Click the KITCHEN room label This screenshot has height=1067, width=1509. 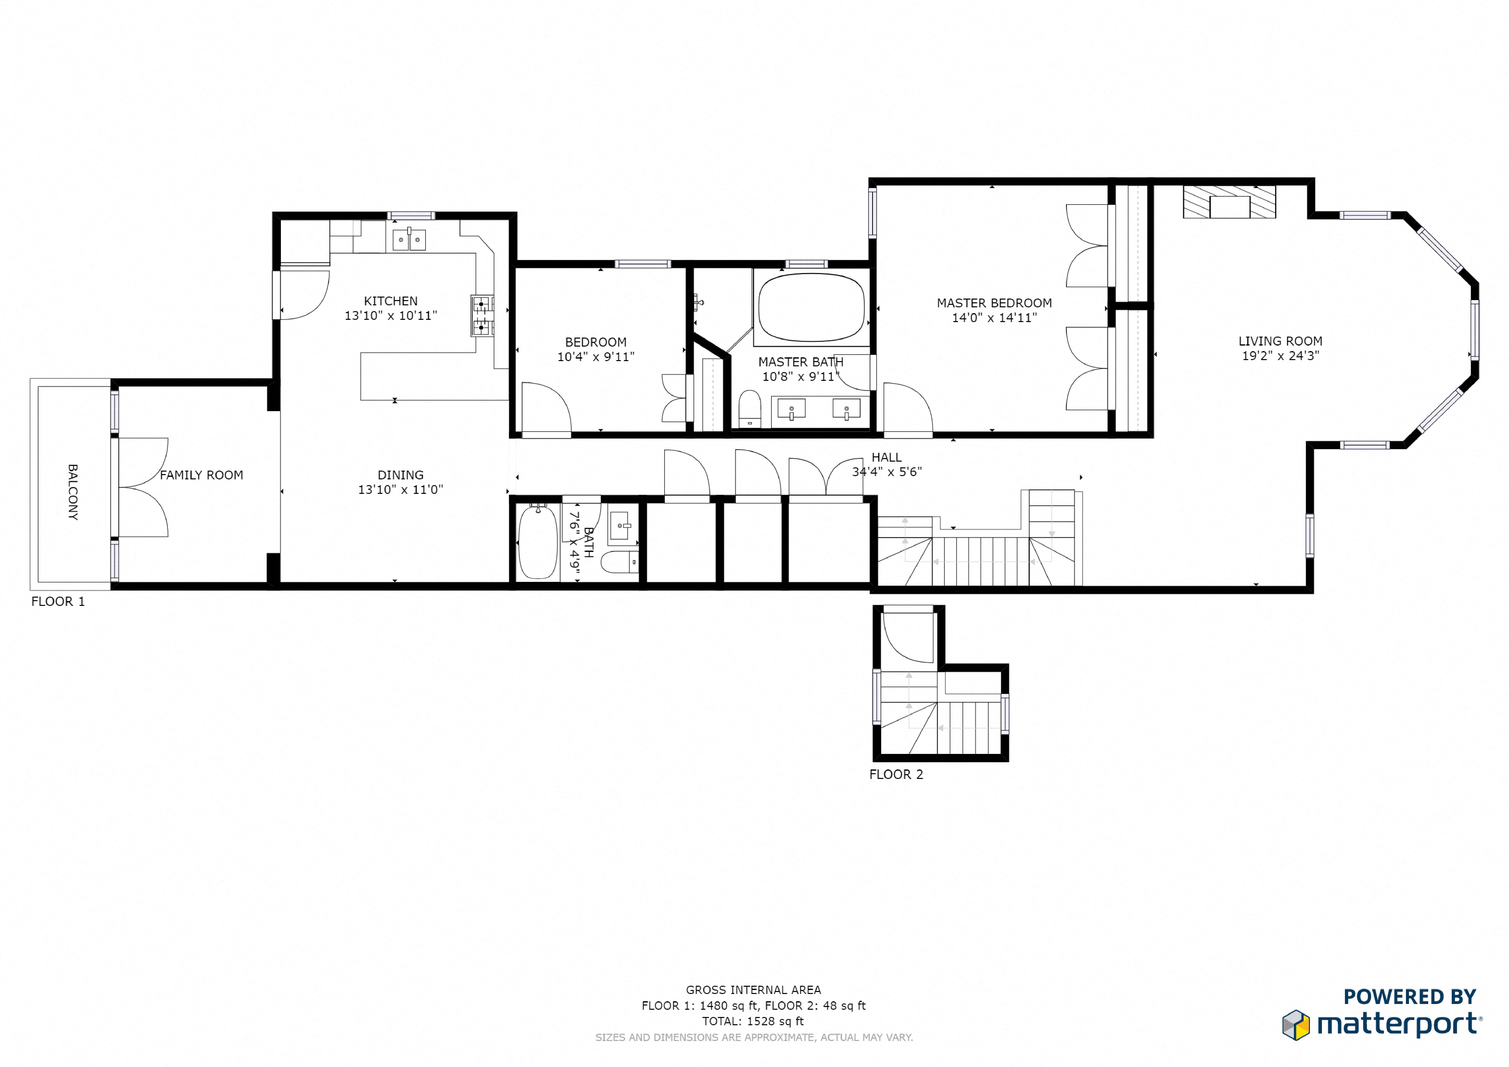click(390, 301)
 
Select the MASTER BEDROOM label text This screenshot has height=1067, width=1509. click(994, 303)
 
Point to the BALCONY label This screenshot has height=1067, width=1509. click(73, 492)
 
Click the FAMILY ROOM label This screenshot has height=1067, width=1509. click(201, 475)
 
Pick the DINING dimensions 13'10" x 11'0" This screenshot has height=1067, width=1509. click(400, 489)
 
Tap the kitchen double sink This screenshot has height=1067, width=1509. click(409, 240)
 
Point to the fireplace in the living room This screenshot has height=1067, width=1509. click(1229, 202)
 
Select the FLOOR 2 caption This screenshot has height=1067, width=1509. click(896, 775)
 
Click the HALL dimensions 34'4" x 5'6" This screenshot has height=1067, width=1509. click(887, 472)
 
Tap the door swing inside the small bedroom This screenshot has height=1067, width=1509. click(546, 409)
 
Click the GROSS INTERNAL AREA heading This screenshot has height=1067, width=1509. click(753, 989)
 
